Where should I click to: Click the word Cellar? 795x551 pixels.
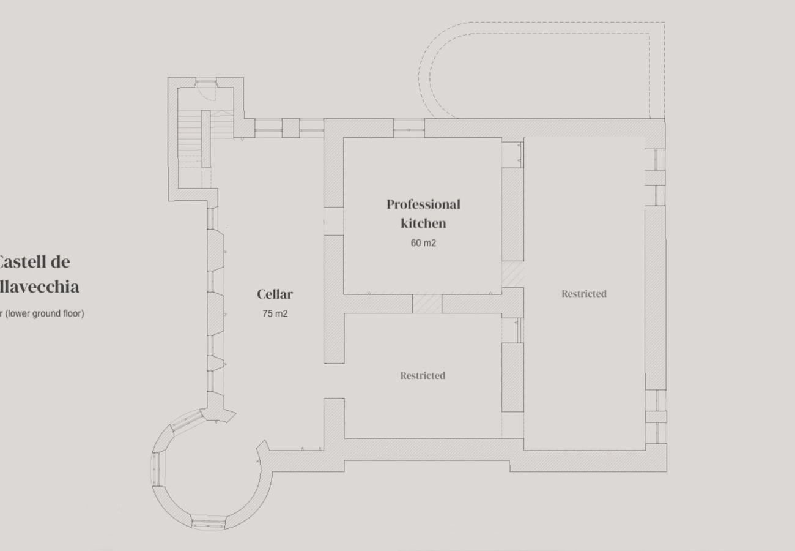pos(275,294)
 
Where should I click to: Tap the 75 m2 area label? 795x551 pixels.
pos(275,314)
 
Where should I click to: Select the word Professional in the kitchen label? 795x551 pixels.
pos(423,204)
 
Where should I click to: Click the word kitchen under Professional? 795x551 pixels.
pos(423,223)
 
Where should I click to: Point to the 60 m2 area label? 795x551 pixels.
pos(423,243)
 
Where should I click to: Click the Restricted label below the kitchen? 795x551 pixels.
pos(423,376)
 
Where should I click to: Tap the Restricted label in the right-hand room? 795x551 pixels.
pos(584,294)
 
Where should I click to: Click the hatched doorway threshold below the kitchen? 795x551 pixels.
pos(427,304)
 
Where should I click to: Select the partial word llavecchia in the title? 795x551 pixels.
pos(39,287)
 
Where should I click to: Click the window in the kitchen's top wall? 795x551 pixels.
pos(409,129)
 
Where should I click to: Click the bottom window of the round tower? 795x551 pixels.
pos(208,524)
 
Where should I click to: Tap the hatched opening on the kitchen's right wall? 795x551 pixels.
pos(512,274)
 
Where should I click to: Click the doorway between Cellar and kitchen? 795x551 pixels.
pos(333,221)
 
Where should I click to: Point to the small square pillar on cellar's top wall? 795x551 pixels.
pos(290,128)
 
